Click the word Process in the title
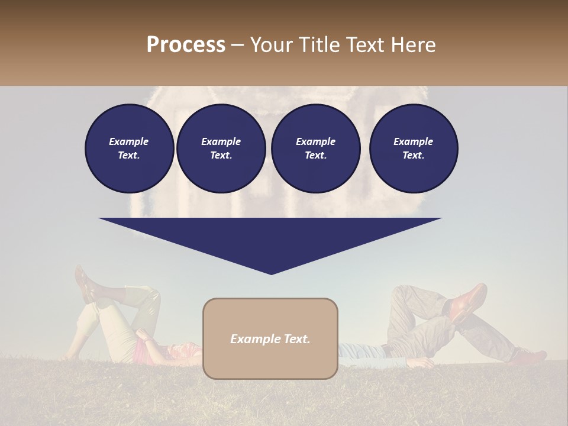click(x=186, y=45)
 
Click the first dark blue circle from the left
click(x=130, y=149)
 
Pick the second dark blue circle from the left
click(x=221, y=149)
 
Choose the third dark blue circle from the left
click(x=316, y=149)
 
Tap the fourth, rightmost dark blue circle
click(x=414, y=149)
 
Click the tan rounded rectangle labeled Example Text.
click(x=270, y=339)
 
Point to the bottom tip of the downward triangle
click(x=271, y=273)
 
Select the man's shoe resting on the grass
click(x=528, y=357)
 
